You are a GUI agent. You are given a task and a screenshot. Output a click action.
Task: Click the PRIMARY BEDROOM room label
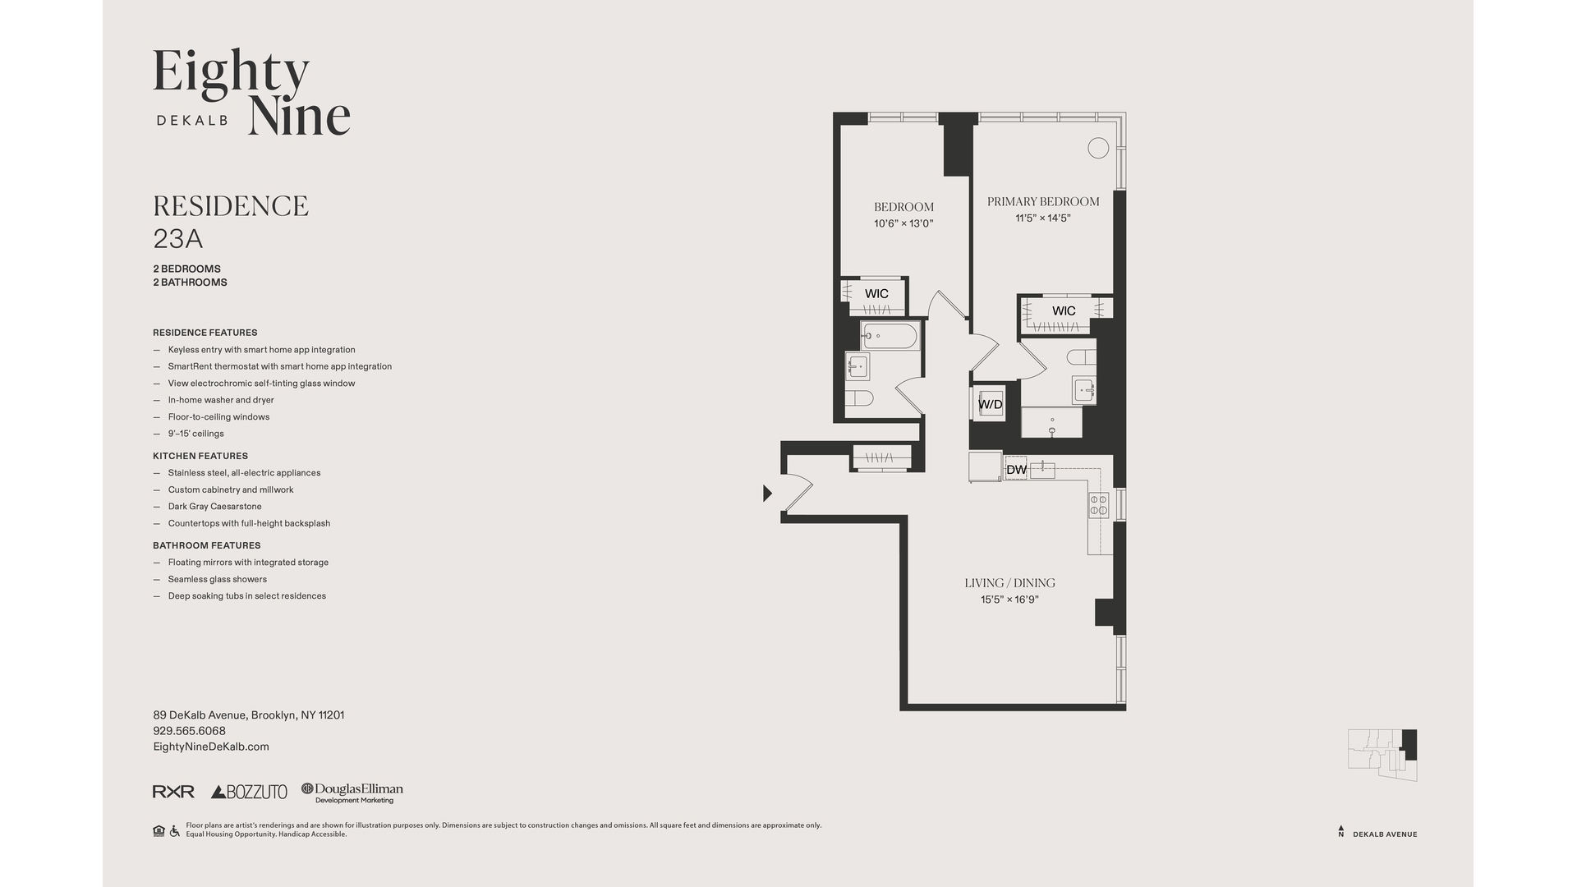click(1043, 201)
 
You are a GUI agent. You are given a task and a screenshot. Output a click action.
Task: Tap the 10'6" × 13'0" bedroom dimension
click(903, 223)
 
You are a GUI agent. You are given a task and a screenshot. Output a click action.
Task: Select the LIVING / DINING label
click(1009, 583)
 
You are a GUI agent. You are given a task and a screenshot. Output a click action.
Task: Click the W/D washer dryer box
click(989, 403)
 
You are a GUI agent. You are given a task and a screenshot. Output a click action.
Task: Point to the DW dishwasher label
click(1017, 470)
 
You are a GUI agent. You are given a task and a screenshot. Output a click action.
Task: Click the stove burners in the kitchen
click(1099, 505)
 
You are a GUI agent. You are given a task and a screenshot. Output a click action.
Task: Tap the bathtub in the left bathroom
click(890, 337)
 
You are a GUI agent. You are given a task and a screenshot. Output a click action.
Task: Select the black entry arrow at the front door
click(768, 493)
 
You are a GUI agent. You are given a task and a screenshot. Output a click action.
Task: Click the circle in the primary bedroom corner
click(1098, 148)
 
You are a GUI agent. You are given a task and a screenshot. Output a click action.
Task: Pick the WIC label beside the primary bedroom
click(1064, 310)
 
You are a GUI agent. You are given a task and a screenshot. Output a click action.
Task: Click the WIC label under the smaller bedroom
click(876, 293)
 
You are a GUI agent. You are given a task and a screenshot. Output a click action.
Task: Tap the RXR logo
click(173, 792)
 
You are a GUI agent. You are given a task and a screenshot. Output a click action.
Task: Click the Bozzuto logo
click(249, 792)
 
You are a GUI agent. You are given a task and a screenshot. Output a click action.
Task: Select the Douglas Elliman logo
click(352, 793)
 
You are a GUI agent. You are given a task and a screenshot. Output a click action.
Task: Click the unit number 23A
click(178, 239)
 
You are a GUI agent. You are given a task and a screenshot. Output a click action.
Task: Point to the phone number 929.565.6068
click(189, 731)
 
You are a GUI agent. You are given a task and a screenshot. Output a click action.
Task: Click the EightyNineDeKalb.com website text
click(211, 747)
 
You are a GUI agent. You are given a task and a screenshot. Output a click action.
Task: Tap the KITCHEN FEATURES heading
click(200, 456)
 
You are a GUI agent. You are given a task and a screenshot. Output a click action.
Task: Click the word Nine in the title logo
click(300, 115)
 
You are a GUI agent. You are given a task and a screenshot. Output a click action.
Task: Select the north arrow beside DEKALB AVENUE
click(1341, 831)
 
